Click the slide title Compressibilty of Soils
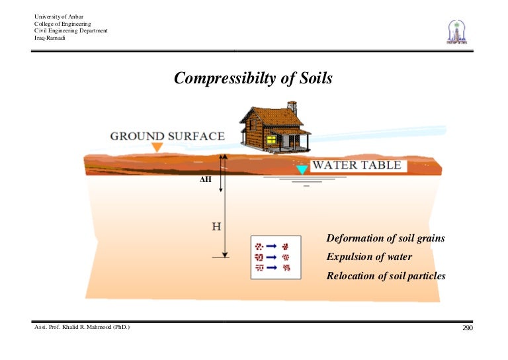point(253,79)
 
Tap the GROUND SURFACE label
point(167,136)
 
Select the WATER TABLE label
point(356,165)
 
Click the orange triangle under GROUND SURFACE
point(157,147)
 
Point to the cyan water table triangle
point(302,169)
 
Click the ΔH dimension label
point(205,179)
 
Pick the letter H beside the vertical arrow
point(216,227)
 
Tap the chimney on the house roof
point(292,107)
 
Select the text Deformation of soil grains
point(386,238)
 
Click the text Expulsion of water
point(369,257)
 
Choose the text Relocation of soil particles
point(386,276)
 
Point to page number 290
point(468,328)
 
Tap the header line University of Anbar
point(58,17)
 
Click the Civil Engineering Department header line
point(71,30)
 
